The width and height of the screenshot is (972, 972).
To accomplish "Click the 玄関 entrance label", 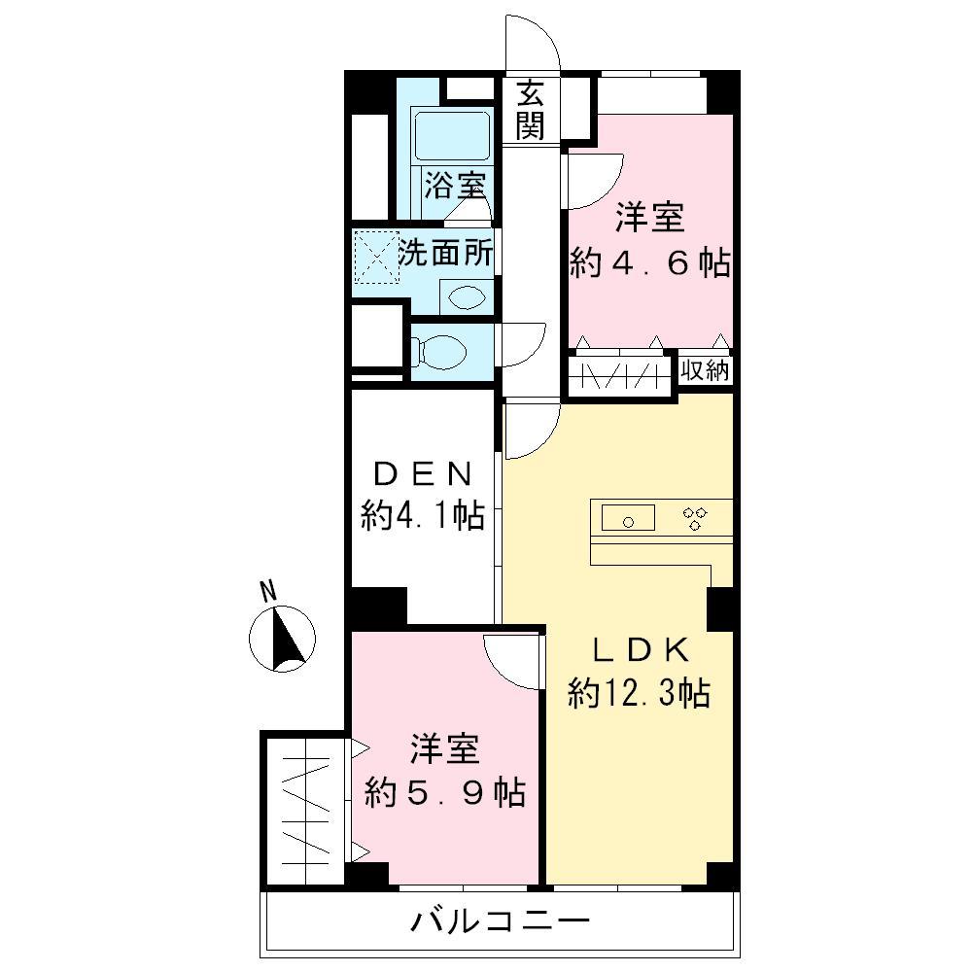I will (x=530, y=110).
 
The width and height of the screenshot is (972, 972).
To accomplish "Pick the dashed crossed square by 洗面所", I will (x=374, y=256).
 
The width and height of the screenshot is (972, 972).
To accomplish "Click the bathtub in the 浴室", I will (x=452, y=136).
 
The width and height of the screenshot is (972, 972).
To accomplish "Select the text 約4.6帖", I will (x=649, y=264).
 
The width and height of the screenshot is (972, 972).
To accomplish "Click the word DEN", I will (x=423, y=475).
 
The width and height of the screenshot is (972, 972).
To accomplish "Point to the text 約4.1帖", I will (x=423, y=514).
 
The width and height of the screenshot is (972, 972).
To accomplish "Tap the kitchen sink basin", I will (x=629, y=519).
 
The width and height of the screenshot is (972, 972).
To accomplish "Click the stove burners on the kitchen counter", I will (x=695, y=518).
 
